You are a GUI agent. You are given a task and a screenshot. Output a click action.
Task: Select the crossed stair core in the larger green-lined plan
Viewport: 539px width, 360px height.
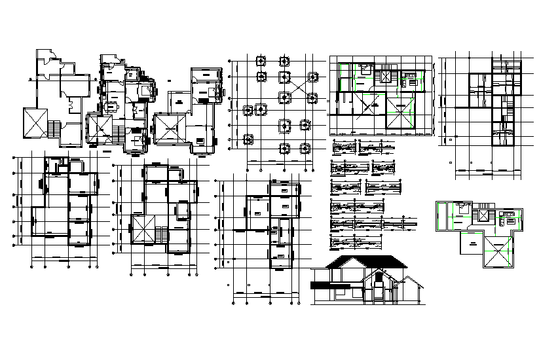coord(384,77)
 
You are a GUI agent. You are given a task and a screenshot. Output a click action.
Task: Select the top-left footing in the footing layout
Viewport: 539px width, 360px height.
coord(261,62)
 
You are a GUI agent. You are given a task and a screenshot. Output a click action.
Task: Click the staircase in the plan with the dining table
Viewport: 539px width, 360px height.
coord(118,134)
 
